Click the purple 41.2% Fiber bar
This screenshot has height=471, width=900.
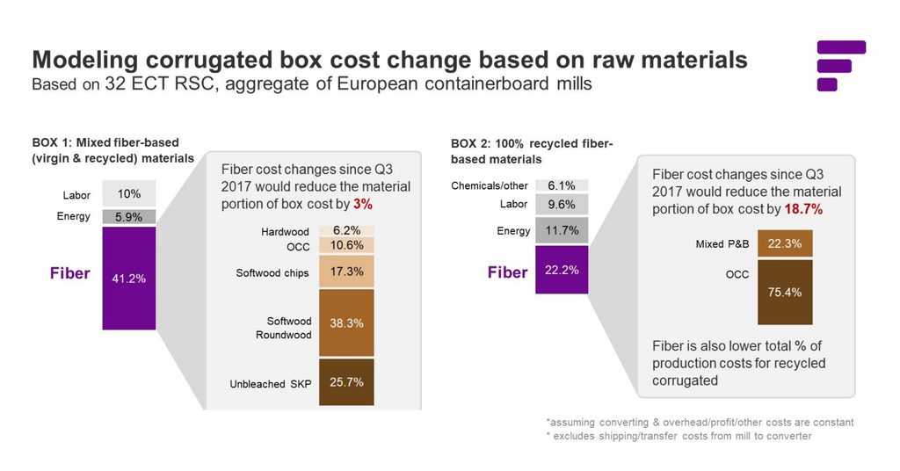(128, 278)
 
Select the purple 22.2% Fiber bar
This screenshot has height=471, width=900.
(562, 270)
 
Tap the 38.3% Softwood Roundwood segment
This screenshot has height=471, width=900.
(346, 322)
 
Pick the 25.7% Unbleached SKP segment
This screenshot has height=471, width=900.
(346, 382)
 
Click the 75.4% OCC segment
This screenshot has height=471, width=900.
(785, 292)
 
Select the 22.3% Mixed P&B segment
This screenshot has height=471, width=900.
(785, 243)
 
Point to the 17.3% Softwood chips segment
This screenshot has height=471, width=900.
(346, 272)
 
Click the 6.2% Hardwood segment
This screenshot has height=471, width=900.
(346, 230)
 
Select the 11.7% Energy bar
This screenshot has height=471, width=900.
(562, 231)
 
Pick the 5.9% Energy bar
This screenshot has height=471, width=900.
(128, 216)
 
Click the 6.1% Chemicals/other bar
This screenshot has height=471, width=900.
(562, 185)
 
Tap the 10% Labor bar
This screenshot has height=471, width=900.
(128, 194)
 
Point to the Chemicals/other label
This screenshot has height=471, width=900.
(490, 186)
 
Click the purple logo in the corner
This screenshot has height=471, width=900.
(840, 66)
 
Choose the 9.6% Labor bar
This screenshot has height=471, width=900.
(562, 205)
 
